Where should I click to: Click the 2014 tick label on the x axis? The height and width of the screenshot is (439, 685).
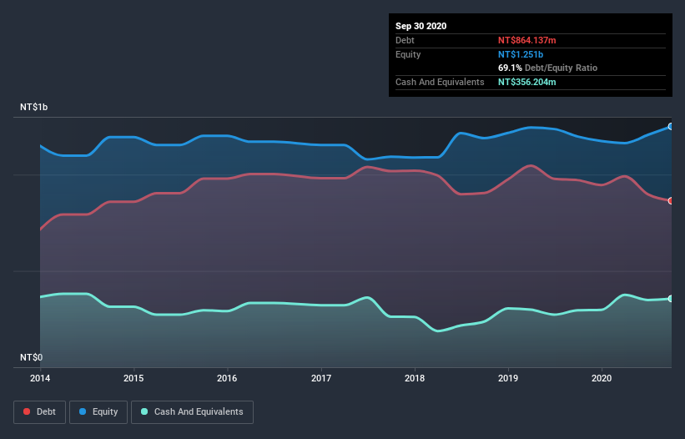40,378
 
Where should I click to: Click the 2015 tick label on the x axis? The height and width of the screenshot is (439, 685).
133,378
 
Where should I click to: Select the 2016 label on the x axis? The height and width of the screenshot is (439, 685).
227,378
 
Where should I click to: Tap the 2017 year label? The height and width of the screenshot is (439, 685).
320,378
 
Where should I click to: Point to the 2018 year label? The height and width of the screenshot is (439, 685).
414,378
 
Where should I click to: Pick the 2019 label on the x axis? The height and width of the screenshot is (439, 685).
507,378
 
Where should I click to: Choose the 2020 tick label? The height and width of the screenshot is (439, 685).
601,378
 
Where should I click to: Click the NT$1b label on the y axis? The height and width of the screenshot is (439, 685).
34,108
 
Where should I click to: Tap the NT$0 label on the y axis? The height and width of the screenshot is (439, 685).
31,357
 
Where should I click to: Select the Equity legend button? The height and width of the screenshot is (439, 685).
98,411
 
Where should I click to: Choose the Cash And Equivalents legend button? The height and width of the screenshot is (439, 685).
192,411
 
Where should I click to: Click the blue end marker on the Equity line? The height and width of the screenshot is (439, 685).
670,126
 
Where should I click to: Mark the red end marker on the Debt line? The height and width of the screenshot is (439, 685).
670,200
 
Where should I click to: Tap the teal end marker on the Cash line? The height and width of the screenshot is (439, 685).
670,298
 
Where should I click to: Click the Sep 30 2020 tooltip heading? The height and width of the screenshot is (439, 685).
421,26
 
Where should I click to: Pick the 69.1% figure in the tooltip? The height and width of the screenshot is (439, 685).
509,68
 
